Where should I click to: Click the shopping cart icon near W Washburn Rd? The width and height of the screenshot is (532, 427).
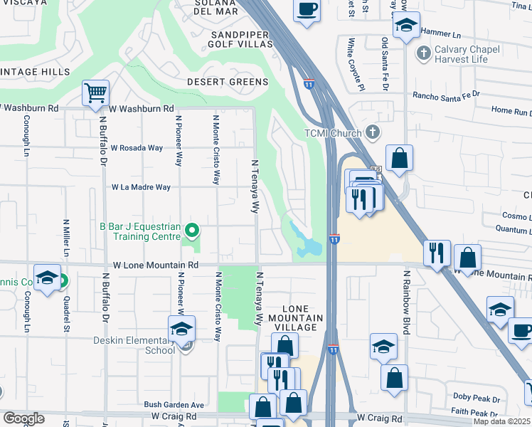pyautogui.click(x=95, y=93)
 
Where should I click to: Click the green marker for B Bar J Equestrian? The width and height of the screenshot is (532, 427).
pyautogui.click(x=191, y=230)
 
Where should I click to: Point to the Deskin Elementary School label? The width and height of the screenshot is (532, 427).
pyautogui.click(x=134, y=345)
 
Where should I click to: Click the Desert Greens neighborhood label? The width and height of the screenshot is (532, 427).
pyautogui.click(x=228, y=82)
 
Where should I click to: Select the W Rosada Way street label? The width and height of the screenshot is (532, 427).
pyautogui.click(x=137, y=148)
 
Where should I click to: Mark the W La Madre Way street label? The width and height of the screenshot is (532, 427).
pyautogui.click(x=141, y=187)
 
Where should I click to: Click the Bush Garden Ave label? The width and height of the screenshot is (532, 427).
pyautogui.click(x=174, y=404)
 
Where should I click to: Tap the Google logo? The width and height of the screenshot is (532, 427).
pyautogui.click(x=23, y=418)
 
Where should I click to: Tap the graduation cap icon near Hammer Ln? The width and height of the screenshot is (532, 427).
pyautogui.click(x=407, y=26)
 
